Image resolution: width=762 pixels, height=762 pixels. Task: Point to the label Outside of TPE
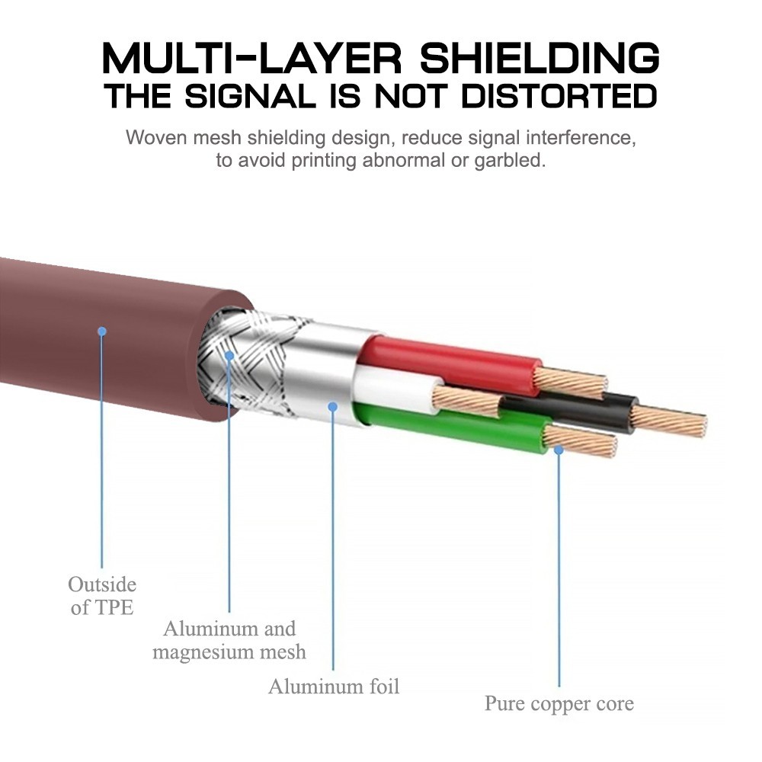pos(102,596)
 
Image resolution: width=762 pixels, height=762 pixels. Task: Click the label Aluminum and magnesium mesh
pos(229,640)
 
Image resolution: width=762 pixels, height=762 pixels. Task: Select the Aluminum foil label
pos(334,686)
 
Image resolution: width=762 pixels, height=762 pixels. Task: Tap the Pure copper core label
pos(559,703)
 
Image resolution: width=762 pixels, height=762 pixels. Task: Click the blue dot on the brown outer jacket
pos(102,331)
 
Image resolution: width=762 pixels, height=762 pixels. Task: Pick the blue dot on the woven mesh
pos(229,354)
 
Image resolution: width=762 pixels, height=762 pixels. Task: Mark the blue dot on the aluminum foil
pos(333,407)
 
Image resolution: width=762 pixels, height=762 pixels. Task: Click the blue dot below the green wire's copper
pos(559,450)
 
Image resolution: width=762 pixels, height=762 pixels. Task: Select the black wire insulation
pos(579,411)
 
